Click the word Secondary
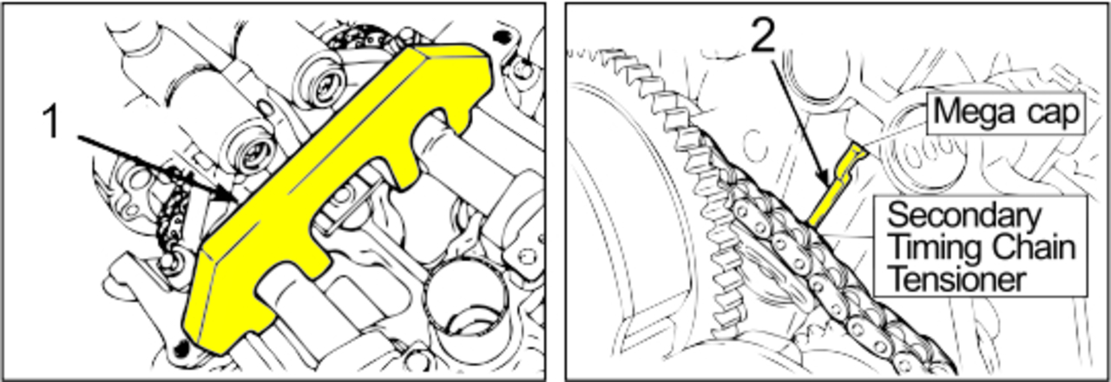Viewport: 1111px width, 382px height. [963, 216]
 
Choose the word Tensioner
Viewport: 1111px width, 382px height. [957, 279]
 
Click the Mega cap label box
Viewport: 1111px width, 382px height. [1006, 113]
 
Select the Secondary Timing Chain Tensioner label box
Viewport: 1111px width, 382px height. [980, 246]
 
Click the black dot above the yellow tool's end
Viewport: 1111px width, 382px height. [502, 36]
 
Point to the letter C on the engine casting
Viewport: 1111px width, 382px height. [756, 144]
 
